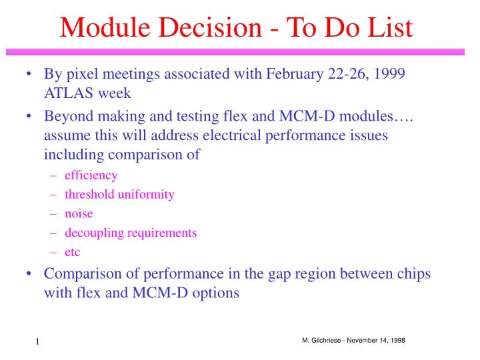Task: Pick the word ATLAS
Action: [66, 93]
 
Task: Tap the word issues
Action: [367, 135]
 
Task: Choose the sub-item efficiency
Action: [91, 175]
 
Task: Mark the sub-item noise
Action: [79, 214]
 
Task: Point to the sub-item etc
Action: [72, 253]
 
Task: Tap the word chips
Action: [413, 274]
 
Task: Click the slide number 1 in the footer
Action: [38, 343]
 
